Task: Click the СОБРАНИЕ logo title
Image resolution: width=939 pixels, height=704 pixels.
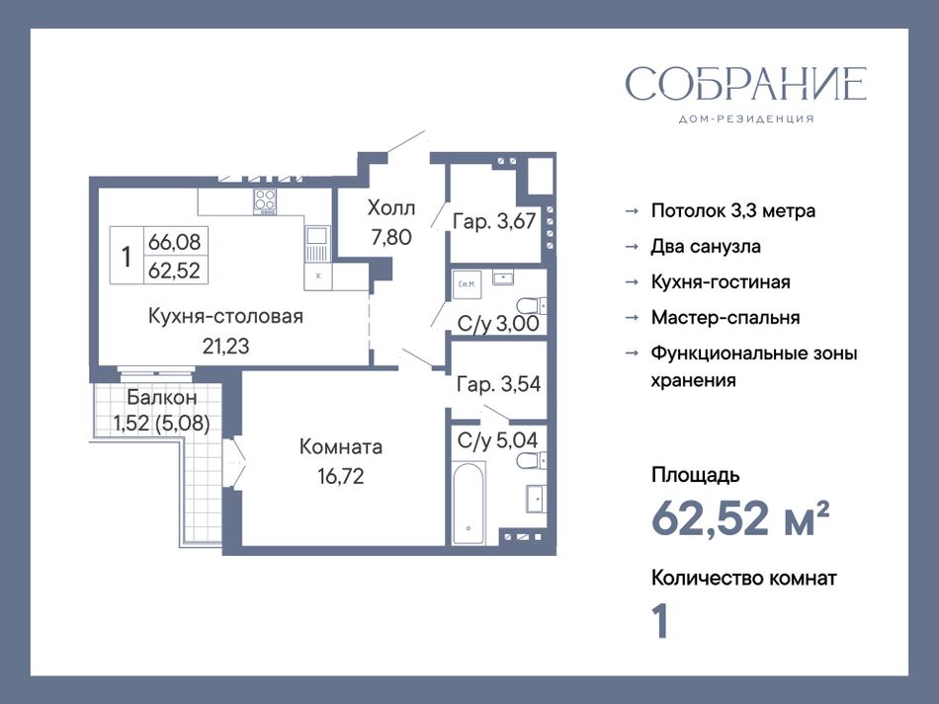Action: [x=745, y=84]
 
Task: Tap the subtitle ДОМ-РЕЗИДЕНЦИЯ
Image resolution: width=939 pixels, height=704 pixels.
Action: [x=746, y=119]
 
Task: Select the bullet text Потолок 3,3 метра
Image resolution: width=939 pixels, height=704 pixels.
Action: [x=733, y=210]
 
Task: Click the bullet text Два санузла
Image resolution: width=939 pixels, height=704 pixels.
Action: [x=706, y=247]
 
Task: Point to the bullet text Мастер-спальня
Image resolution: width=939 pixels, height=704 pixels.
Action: [x=726, y=318]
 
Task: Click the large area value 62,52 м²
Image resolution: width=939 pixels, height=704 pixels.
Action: [x=740, y=518]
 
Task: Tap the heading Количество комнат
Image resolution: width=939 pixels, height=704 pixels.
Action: [x=743, y=578]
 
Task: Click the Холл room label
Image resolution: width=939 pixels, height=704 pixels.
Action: [x=391, y=208]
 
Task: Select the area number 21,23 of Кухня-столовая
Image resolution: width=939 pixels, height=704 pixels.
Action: [x=225, y=346]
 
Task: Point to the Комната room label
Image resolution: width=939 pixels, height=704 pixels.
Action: [x=341, y=447]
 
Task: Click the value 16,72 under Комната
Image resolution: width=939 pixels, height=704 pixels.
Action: [x=341, y=476]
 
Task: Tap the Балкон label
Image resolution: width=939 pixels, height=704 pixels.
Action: [x=162, y=397]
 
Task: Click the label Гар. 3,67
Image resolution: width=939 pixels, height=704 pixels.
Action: [x=494, y=221]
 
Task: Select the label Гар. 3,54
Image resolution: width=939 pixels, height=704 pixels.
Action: [x=498, y=384]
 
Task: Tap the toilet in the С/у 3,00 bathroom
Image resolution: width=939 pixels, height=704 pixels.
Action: [x=531, y=307]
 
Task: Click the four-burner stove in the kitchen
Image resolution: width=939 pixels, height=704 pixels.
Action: [x=265, y=201]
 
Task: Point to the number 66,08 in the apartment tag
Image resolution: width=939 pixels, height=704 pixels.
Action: [x=174, y=242]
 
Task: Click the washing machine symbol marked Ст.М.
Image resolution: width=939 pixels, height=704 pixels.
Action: [x=468, y=284]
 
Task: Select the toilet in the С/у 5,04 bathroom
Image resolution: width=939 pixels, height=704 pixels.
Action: [x=531, y=460]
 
